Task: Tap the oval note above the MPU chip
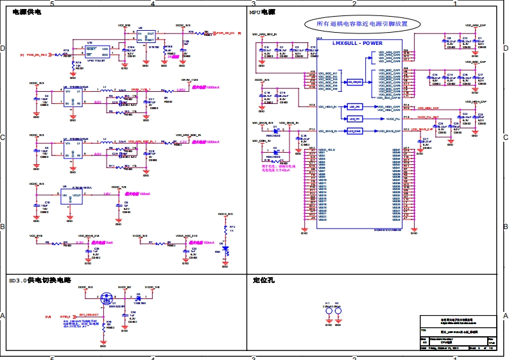(364, 24)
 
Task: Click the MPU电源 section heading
(263, 13)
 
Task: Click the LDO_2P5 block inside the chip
(355, 106)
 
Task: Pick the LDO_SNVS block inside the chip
(355, 131)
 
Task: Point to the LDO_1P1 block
(355, 119)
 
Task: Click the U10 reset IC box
(98, 52)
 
